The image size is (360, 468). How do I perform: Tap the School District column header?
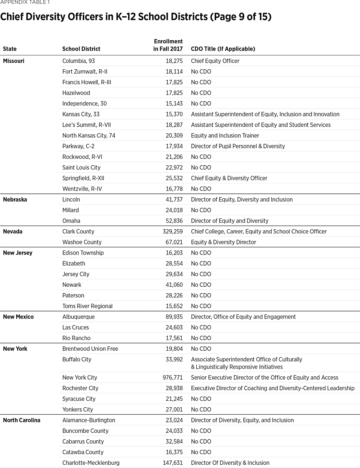coord(81,49)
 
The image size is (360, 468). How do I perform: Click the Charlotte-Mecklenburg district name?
coord(91,463)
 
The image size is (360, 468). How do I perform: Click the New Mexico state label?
coord(18,316)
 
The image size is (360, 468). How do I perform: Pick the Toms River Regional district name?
coord(87,306)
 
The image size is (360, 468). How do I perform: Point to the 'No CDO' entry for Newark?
coord(201,285)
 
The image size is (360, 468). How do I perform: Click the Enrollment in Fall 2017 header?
coord(168,45)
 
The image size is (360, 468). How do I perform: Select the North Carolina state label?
coord(22,420)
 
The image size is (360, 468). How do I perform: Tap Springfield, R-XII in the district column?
coord(83,178)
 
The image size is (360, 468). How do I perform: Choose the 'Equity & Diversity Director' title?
coord(224,242)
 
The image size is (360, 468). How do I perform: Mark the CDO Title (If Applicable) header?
coord(223,49)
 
